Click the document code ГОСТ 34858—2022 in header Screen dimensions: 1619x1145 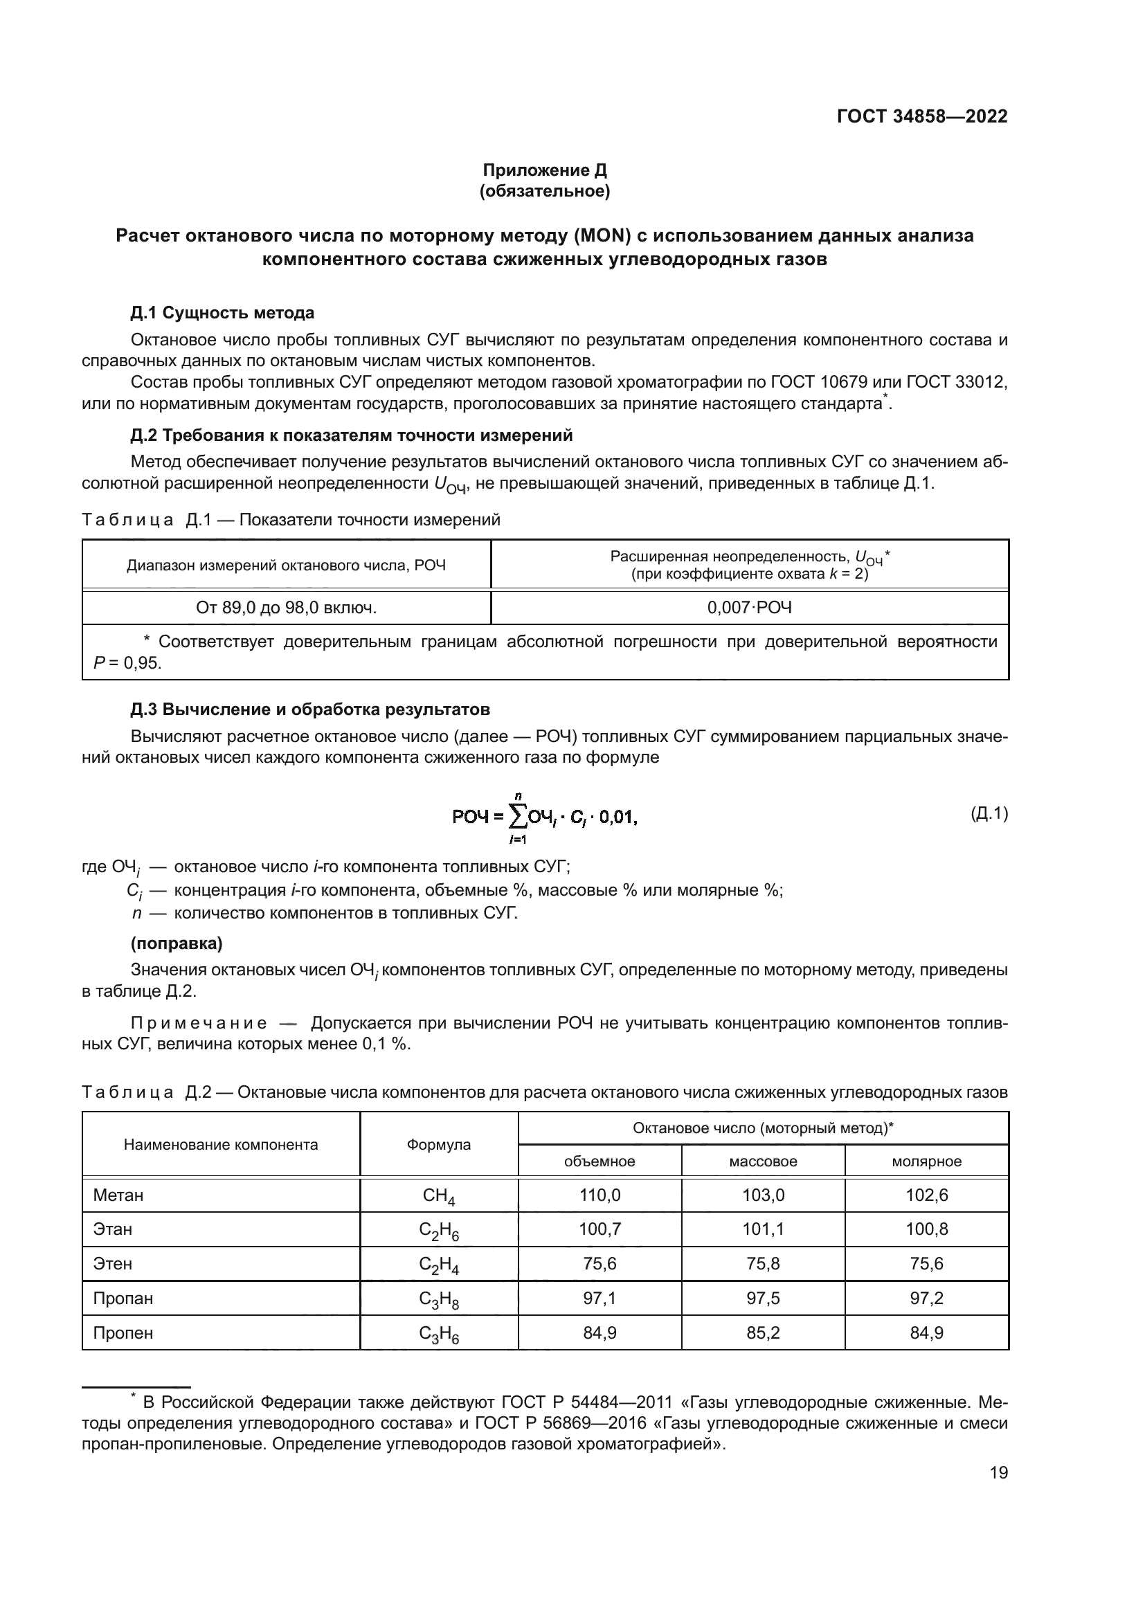coord(921,116)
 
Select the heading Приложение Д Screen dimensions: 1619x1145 coord(544,170)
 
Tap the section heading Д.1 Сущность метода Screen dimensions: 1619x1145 coord(222,312)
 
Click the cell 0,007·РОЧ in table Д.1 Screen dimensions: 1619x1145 coord(750,607)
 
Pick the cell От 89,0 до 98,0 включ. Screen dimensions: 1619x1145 coord(287,607)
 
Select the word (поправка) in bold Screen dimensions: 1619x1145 coord(177,943)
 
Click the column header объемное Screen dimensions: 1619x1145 coord(599,1161)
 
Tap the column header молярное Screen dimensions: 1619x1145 coord(926,1161)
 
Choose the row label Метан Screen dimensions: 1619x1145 coord(118,1195)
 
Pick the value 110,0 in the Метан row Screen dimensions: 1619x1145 coord(599,1195)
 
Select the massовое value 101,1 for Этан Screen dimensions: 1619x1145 coord(763,1229)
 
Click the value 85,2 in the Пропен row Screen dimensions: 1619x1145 coord(763,1332)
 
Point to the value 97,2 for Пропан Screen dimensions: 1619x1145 coord(926,1298)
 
